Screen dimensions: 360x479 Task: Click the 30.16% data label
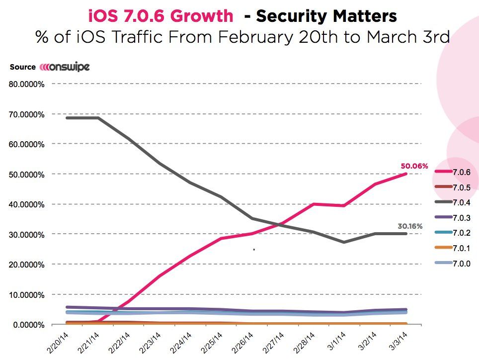[410, 226]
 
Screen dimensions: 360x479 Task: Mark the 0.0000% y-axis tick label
[29, 325]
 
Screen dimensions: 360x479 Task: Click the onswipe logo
[65, 67]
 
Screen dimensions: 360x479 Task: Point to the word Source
[22, 67]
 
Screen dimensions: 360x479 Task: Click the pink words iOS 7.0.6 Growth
[160, 16]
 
